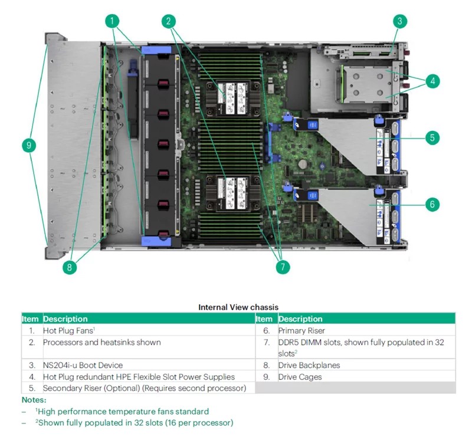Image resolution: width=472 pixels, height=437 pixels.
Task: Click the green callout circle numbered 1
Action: (112, 21)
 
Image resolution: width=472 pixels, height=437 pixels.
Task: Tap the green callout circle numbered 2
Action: (169, 21)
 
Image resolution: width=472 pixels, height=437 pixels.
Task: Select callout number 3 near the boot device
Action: (400, 21)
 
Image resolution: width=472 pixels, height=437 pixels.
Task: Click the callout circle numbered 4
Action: (432, 81)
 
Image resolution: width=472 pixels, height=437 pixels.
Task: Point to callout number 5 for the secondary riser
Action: (432, 138)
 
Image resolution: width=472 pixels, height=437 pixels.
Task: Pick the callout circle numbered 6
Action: (432, 205)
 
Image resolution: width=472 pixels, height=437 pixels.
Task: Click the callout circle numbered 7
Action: (283, 267)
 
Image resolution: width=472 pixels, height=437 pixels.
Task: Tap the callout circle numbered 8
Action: (70, 267)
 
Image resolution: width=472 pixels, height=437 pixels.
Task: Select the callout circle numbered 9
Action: (29, 145)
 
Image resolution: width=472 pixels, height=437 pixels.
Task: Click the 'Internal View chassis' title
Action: (238, 307)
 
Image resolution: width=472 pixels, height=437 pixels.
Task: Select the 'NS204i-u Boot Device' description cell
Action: (83, 365)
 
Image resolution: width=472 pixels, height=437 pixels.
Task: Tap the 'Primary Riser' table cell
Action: (301, 330)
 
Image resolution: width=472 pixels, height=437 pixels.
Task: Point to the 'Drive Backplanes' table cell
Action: (309, 365)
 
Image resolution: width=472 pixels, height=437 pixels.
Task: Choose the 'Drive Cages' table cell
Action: (300, 377)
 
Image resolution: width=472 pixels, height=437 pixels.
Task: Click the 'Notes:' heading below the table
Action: (34, 400)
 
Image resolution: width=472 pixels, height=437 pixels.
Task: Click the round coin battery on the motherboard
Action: (303, 164)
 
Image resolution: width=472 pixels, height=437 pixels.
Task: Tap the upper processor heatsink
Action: (233, 98)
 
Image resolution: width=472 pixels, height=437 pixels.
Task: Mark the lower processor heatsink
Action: (233, 193)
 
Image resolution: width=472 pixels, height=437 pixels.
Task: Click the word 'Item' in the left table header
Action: (30, 318)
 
